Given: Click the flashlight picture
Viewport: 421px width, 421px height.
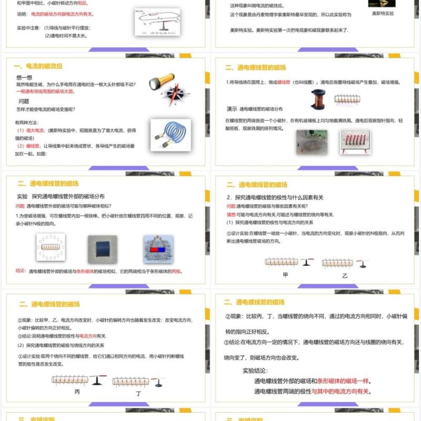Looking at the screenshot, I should pos(158,83).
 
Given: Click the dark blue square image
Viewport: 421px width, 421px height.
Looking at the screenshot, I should pos(103,249).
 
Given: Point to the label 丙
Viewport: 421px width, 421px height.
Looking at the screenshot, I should pos(77,392).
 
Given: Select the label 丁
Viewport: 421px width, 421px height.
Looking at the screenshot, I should pos(138,393).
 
